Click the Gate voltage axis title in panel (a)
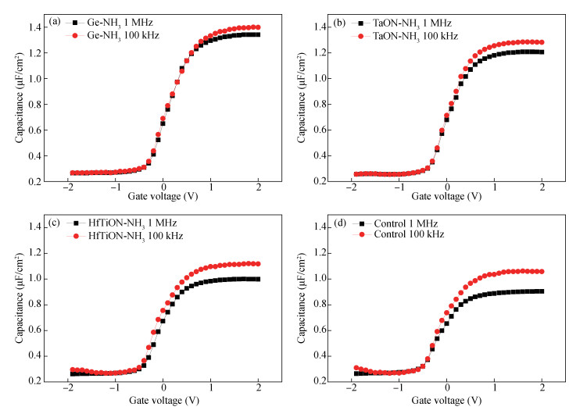(163, 197)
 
